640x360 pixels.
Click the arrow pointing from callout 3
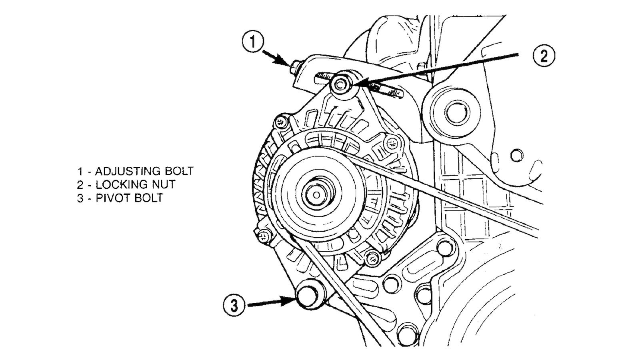point(272,304)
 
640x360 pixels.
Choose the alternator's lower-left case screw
point(262,236)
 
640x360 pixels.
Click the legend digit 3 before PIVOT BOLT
point(80,198)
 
